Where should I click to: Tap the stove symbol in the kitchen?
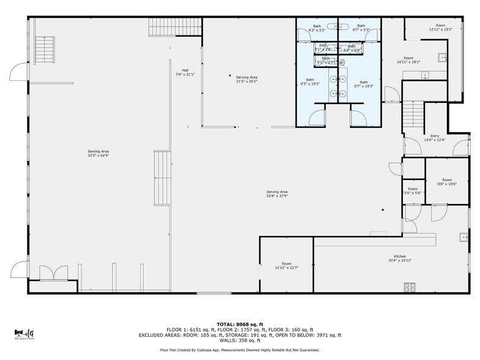pos(410,286)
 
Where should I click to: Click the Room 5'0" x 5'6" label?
pos(413,190)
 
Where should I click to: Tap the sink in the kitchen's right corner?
pos(463,237)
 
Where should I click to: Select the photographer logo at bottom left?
pos(24,333)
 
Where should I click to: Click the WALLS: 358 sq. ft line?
pos(239,340)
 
